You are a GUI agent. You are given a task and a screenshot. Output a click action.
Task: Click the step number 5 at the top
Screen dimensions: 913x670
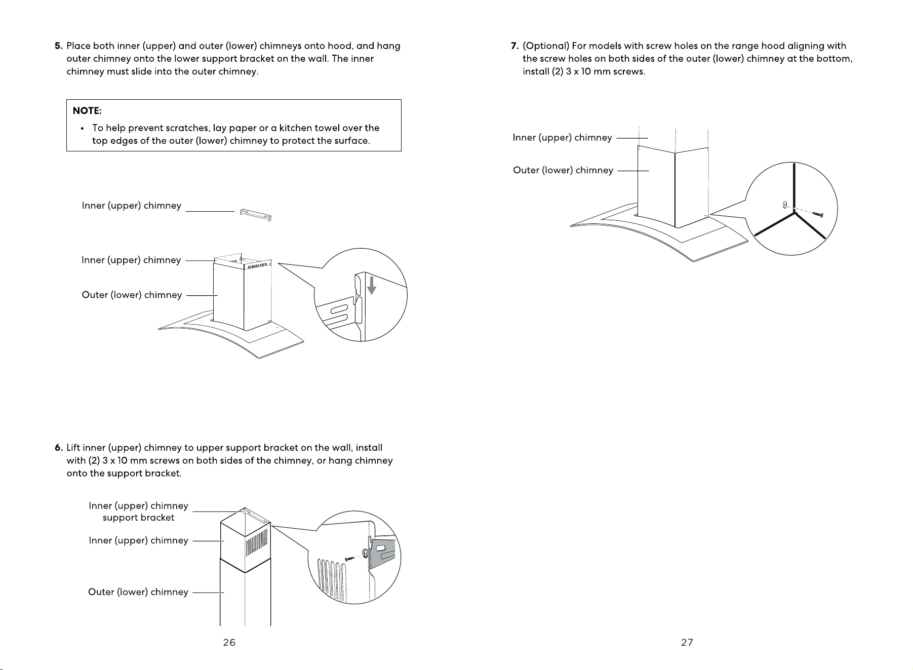point(58,46)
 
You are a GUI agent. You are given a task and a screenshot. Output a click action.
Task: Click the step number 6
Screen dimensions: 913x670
point(58,448)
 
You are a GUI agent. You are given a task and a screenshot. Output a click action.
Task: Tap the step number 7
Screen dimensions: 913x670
point(514,46)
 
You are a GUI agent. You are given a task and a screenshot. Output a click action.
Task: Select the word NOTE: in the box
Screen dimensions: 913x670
point(87,110)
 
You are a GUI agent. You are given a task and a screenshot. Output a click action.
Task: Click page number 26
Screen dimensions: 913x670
point(229,642)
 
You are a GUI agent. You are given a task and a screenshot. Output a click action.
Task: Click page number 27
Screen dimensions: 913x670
point(687,642)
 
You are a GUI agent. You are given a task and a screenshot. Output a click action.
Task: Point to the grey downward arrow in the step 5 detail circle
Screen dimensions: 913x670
point(372,285)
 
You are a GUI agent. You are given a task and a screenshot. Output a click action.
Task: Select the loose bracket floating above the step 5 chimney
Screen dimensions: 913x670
point(256,215)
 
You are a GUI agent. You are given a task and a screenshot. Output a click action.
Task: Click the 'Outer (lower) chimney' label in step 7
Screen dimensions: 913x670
point(563,170)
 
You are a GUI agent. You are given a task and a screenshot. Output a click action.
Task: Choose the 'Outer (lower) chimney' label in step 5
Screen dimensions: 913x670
point(132,295)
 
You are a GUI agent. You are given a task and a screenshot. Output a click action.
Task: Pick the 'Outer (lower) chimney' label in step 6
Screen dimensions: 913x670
point(138,592)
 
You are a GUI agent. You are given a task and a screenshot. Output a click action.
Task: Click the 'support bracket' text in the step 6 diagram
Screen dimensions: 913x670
point(138,518)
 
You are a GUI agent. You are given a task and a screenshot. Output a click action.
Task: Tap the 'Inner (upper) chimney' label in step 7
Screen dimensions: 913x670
point(563,138)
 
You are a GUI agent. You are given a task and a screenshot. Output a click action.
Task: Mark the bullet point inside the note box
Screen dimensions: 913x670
point(82,129)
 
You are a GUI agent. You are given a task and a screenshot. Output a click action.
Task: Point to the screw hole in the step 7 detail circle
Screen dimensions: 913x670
point(784,205)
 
